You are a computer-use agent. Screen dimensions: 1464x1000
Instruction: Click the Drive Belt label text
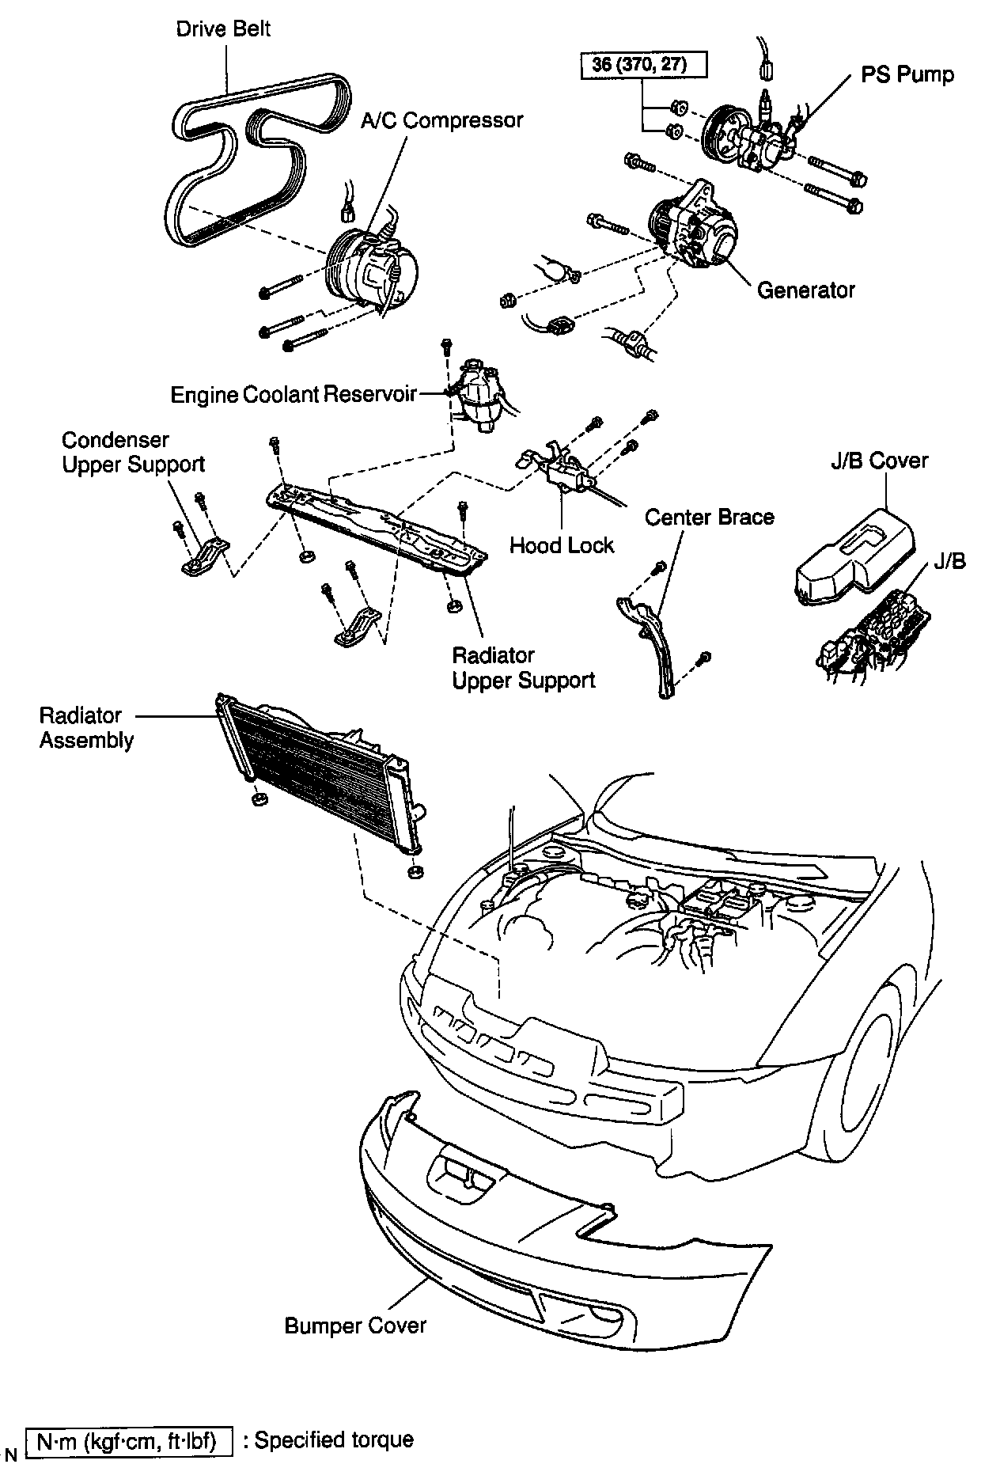click(x=223, y=30)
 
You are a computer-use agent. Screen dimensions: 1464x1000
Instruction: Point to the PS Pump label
click(x=907, y=75)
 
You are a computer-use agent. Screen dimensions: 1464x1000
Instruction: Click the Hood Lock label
click(x=561, y=545)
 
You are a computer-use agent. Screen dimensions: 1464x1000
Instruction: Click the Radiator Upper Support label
click(x=523, y=668)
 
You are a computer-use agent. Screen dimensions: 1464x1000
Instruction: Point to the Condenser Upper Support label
click(x=133, y=452)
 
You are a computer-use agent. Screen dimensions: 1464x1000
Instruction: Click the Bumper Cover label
click(x=355, y=1326)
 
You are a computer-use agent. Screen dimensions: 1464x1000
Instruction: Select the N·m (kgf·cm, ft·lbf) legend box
click(x=130, y=1441)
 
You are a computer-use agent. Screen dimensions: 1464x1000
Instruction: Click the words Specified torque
click(x=334, y=1439)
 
